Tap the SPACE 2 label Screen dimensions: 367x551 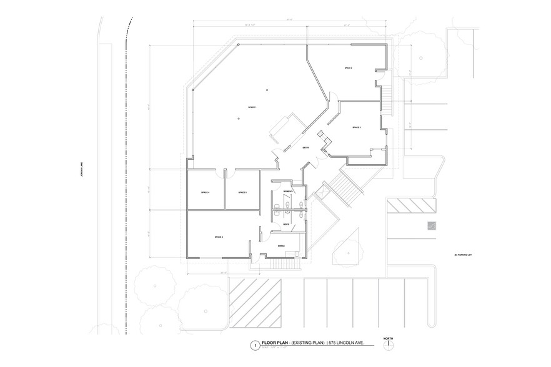[349, 67]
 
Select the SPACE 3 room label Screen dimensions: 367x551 [357, 127]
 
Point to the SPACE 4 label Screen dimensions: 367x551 [205, 193]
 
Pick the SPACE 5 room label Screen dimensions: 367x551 [242, 193]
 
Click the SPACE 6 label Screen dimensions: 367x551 [219, 237]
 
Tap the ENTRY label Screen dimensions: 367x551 [306, 148]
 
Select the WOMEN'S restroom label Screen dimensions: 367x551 [288, 190]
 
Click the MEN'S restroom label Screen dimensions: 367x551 [285, 223]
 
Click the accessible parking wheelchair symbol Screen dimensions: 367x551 [430, 226]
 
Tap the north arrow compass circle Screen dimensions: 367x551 [388, 346]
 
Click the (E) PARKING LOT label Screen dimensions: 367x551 [466, 255]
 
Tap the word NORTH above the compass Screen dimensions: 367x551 [388, 338]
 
